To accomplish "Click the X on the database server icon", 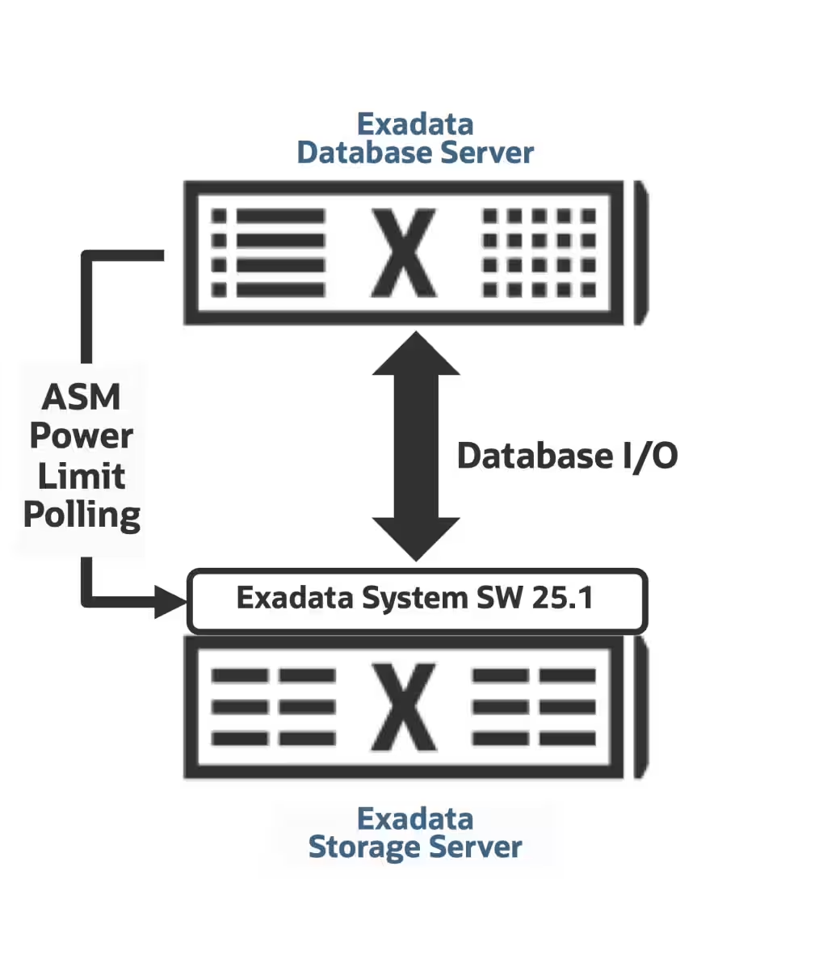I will [404, 254].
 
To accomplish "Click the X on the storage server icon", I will [404, 707].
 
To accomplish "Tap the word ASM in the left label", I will [82, 397].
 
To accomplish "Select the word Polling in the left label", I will [82, 515].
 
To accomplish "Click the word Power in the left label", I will [82, 436].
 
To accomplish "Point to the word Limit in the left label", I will [82, 476].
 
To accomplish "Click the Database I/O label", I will [567, 456].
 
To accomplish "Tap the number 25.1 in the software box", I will [563, 598].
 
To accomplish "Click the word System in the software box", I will [414, 599].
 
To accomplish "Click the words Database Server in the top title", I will [415, 152].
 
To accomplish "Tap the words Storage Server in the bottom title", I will [415, 847].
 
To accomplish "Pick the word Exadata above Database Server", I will [415, 124].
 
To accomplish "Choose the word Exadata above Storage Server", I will [415, 818].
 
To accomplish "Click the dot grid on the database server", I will [539, 253].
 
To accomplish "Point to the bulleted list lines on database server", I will [268, 253].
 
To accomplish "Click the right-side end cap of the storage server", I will [641, 707].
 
